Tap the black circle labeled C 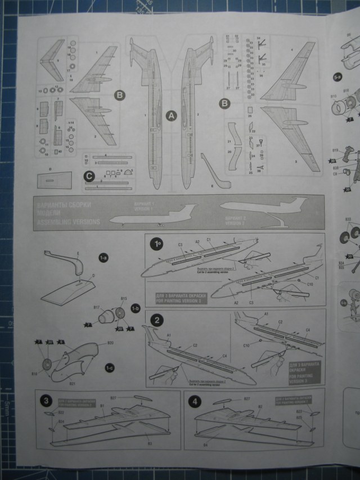[x=88, y=176]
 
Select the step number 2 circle [x=157, y=320]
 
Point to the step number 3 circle [x=46, y=401]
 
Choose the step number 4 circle [x=195, y=401]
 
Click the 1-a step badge [x=103, y=258]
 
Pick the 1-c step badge [x=110, y=367]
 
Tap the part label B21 [x=72, y=383]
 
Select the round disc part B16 [x=47, y=365]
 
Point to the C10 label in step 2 [x=245, y=345]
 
